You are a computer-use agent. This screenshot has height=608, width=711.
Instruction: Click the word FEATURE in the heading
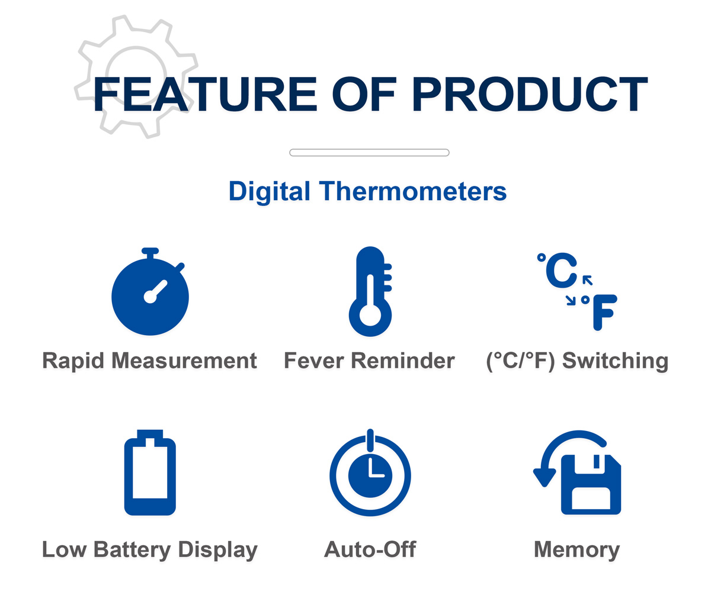(205, 94)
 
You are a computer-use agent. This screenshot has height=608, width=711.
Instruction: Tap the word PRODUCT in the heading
(530, 94)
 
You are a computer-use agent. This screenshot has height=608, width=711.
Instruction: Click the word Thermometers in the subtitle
(413, 191)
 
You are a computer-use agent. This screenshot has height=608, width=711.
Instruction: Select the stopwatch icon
(150, 291)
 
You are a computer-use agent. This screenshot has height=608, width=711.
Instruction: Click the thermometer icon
(370, 291)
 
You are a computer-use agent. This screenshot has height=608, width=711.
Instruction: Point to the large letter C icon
(561, 271)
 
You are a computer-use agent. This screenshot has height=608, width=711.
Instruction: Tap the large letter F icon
(605, 312)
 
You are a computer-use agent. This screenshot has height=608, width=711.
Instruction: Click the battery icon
(150, 472)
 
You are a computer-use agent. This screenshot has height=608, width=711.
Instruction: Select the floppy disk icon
(591, 485)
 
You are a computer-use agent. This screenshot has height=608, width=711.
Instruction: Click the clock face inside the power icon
(370, 476)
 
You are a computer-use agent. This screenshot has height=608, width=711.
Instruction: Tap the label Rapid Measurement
(150, 361)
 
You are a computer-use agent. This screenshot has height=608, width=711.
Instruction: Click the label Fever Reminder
(370, 361)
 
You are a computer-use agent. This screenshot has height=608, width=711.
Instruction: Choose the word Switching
(616, 361)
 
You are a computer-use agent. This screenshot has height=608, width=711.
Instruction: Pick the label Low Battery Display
(150, 550)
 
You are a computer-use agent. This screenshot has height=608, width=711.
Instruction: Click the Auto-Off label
(370, 549)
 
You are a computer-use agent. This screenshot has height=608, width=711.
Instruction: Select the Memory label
(577, 550)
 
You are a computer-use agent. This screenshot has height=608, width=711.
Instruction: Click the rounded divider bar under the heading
(370, 153)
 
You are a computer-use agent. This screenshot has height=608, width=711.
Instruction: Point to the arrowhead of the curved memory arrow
(545, 477)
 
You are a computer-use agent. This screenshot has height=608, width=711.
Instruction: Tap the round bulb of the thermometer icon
(370, 315)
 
